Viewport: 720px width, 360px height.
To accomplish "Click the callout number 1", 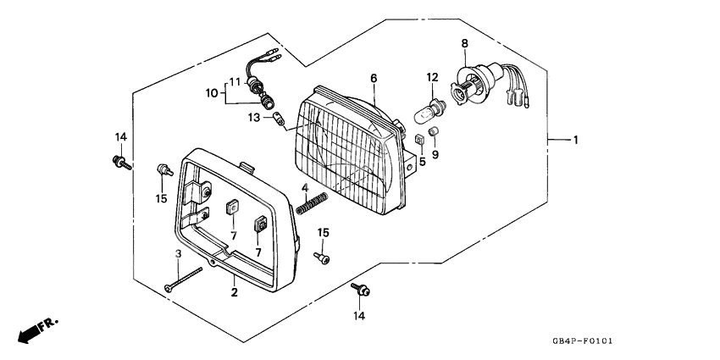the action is click(x=575, y=140).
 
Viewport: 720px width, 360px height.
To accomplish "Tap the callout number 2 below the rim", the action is click(x=234, y=292).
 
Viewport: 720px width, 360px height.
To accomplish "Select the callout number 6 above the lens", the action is click(x=374, y=79).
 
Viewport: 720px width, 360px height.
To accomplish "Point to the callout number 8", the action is click(x=465, y=43).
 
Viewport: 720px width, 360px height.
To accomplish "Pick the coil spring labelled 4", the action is click(x=313, y=203).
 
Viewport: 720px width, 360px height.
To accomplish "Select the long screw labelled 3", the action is click(x=183, y=280).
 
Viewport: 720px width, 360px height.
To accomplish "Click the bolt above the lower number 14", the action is click(x=361, y=289).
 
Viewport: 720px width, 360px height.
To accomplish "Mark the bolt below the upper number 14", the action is click(x=122, y=163).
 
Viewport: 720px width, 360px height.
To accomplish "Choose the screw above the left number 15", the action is click(x=165, y=170).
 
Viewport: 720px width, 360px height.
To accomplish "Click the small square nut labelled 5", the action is click(x=419, y=140).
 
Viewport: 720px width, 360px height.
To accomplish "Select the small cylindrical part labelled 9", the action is click(x=434, y=132).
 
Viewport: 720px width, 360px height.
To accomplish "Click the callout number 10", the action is click(x=212, y=94).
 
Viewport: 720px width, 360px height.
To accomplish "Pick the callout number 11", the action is click(x=235, y=82).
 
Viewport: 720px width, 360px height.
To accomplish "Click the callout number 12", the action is click(x=432, y=77).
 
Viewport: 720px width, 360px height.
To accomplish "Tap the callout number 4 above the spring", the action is click(x=305, y=187).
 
